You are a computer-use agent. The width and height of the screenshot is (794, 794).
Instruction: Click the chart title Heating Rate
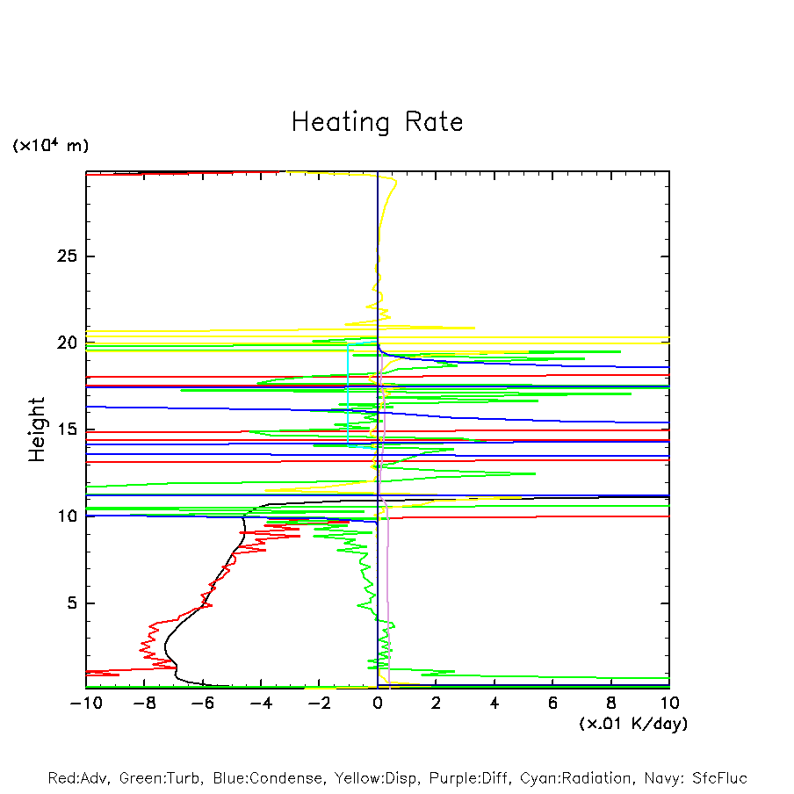click(377, 122)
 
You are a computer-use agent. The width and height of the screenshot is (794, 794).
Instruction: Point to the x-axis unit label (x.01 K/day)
click(633, 724)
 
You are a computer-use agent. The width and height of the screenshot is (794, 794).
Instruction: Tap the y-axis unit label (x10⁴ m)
click(50, 146)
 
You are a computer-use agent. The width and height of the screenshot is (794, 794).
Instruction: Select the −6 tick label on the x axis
click(200, 703)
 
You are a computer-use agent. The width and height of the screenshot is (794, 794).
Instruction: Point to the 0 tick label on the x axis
click(378, 703)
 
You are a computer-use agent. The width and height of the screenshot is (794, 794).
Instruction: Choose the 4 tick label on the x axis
click(494, 703)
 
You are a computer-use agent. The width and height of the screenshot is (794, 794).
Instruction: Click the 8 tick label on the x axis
click(611, 703)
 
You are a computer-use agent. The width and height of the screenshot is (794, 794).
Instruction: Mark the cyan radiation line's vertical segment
click(349, 395)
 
